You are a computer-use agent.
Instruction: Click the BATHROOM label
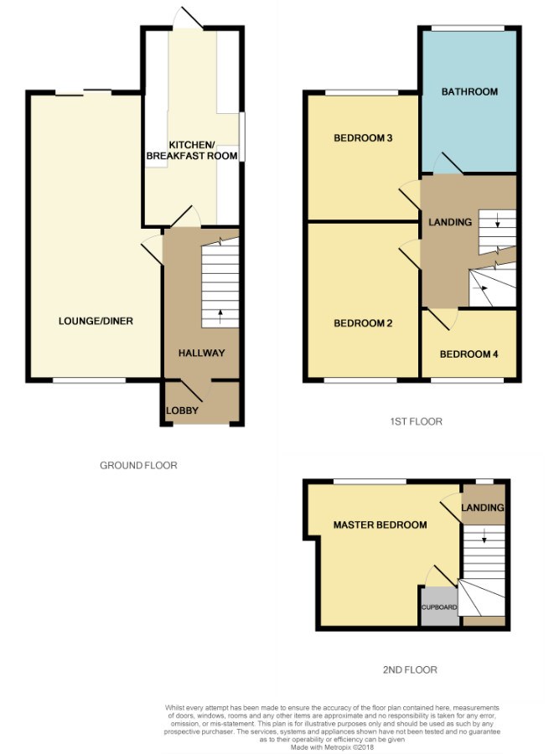click(469, 91)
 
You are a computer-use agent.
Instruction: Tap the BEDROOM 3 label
click(363, 138)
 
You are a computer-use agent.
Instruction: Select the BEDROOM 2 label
click(363, 323)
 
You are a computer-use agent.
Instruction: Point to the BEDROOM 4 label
click(469, 354)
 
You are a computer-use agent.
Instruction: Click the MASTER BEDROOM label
click(380, 524)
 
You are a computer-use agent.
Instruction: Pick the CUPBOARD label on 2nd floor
click(439, 607)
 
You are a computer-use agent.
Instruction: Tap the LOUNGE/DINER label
click(96, 321)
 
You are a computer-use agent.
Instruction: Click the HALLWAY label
click(201, 353)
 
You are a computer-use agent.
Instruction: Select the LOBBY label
click(182, 411)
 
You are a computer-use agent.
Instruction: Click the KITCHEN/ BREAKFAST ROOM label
click(192, 151)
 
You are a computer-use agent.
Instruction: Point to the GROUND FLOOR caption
click(138, 465)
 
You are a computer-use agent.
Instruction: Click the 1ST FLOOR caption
click(416, 421)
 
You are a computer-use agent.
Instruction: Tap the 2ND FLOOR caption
click(410, 669)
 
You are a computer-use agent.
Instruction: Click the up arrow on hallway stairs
click(220, 317)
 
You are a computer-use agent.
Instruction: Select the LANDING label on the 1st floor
click(450, 222)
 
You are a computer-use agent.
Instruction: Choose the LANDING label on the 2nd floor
click(483, 508)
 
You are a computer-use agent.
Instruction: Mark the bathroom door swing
click(448, 163)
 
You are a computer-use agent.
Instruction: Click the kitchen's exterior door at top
click(188, 18)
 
